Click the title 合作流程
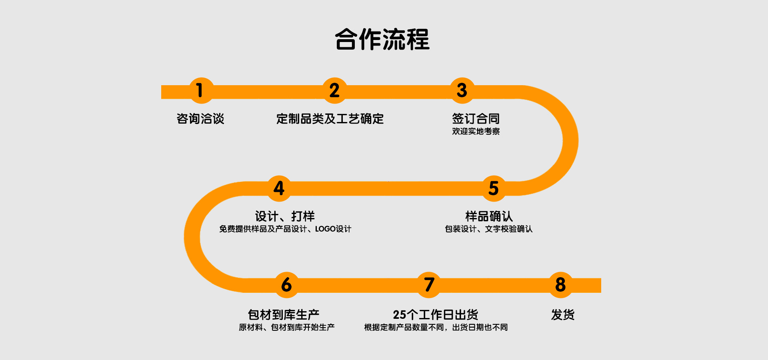(382, 40)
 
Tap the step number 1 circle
(200, 90)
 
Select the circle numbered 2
(334, 90)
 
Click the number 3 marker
(462, 90)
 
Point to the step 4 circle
(279, 188)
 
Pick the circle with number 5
(494, 188)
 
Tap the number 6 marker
(286, 285)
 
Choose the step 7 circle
(429, 285)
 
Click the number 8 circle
(560, 285)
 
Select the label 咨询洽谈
(200, 119)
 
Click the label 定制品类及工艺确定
(330, 119)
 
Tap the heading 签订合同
(476, 118)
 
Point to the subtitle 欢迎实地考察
(476, 131)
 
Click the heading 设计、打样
(285, 216)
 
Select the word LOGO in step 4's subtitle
(325, 229)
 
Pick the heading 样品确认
(489, 216)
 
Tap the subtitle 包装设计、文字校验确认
(489, 229)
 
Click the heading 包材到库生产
(284, 314)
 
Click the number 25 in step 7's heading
(400, 315)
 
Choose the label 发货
(563, 315)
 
